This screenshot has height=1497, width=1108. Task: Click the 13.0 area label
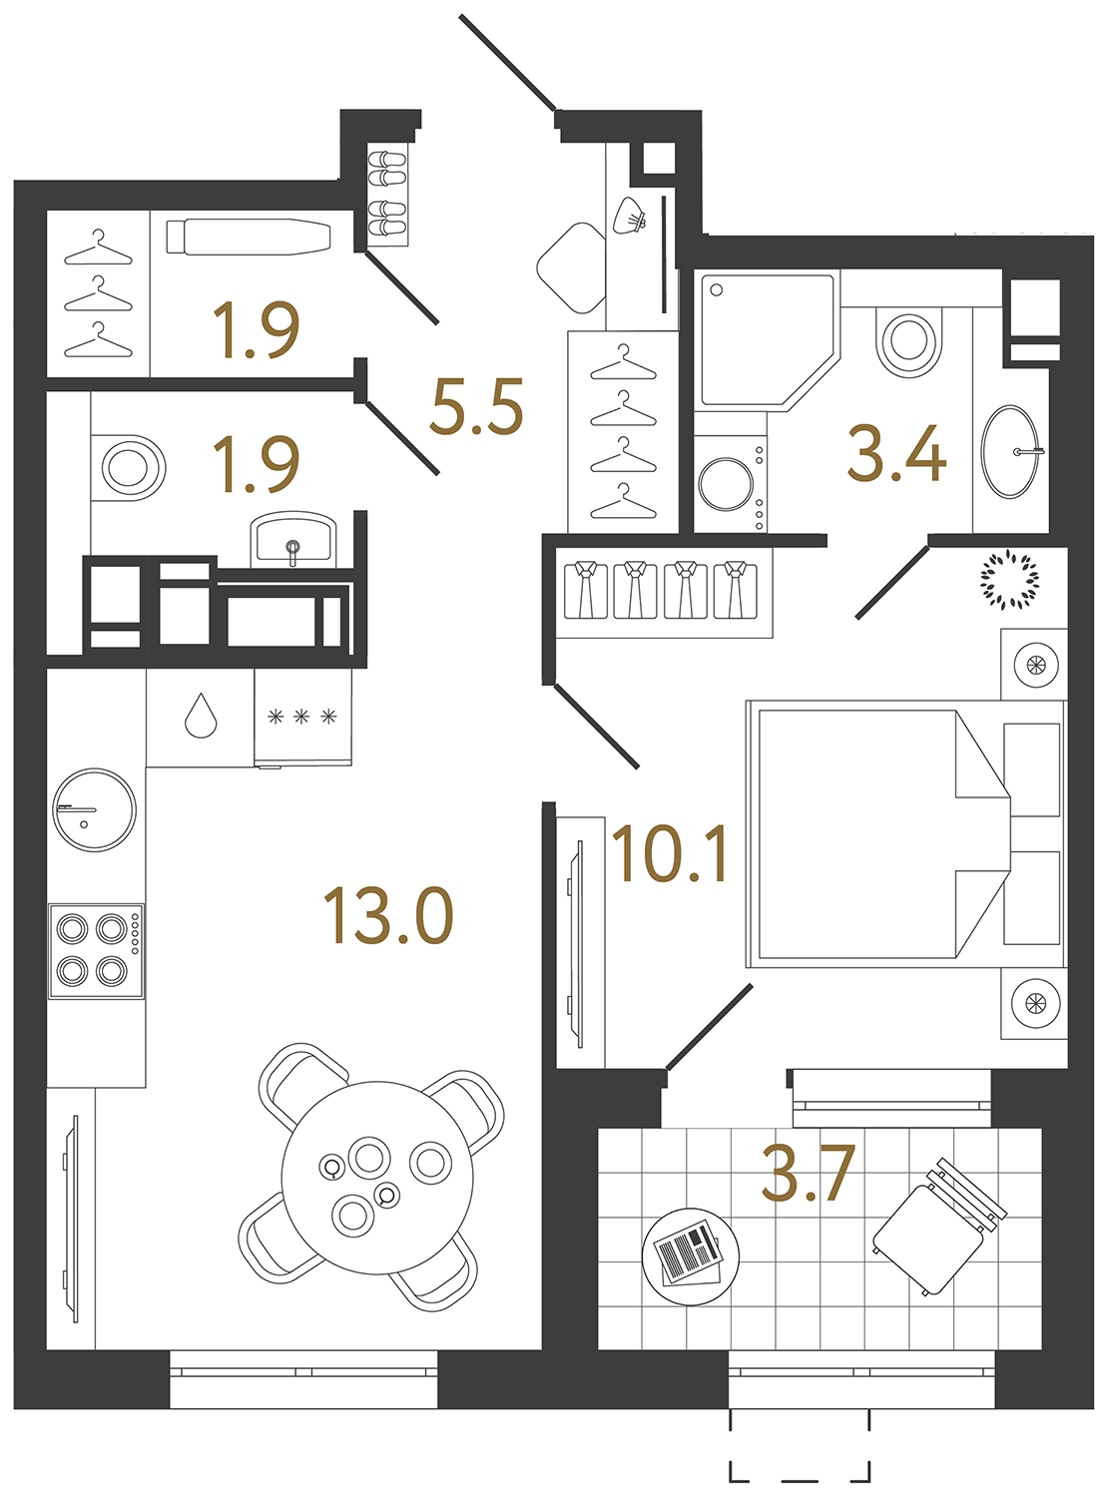[x=388, y=916]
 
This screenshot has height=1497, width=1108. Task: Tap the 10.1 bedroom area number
[x=670, y=855]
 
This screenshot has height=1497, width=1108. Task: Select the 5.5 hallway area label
[x=476, y=407]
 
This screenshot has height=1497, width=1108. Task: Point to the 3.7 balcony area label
[x=808, y=1174]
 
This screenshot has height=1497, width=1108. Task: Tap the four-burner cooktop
[x=96, y=950]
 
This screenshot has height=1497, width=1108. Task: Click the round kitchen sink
[x=94, y=809]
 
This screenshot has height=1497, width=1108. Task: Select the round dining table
[x=377, y=1177]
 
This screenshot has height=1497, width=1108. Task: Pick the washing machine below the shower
[x=730, y=484]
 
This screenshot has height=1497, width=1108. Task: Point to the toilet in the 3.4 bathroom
[x=908, y=339]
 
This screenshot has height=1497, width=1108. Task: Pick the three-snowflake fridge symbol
[x=301, y=717]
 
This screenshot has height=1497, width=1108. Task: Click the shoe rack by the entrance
[x=386, y=197]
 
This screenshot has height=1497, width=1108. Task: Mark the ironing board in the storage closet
[x=249, y=238]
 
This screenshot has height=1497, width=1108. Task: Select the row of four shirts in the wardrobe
[x=660, y=590]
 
